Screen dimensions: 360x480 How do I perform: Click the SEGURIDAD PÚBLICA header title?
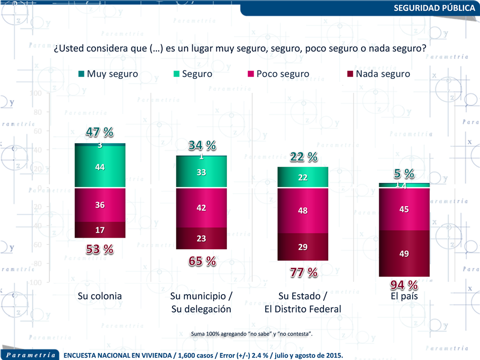(x=434, y=8)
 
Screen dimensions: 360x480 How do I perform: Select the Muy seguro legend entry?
(x=108, y=74)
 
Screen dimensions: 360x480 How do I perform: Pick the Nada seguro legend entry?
(x=378, y=74)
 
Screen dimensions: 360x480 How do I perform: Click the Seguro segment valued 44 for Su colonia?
(x=100, y=167)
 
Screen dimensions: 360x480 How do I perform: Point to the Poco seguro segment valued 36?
(x=100, y=205)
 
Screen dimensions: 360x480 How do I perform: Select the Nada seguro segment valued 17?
(x=100, y=230)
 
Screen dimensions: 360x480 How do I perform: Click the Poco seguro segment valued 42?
(x=202, y=208)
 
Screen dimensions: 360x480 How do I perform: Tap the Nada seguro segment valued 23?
(x=202, y=238)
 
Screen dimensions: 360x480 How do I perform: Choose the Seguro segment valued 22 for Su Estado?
(x=303, y=177)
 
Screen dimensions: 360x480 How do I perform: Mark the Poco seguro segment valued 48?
(x=303, y=211)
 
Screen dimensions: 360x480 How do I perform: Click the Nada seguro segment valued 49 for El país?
(x=405, y=254)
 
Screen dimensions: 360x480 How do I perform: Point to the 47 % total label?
(x=99, y=132)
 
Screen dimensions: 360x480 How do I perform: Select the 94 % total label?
(x=404, y=285)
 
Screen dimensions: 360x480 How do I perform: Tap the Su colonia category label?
(x=100, y=296)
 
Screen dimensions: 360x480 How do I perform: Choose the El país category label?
(x=404, y=296)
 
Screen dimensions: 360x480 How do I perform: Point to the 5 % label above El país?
(x=404, y=174)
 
